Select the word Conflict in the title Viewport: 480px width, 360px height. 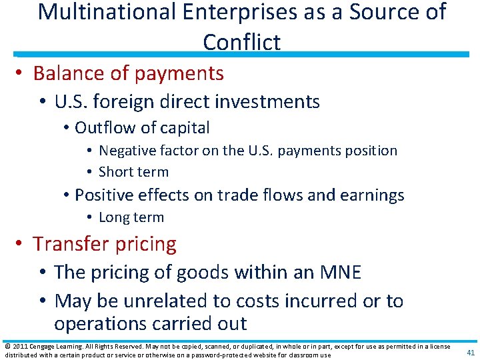coord(241,42)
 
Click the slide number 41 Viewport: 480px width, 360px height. coord(471,353)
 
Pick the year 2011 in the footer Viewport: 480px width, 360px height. coord(20,346)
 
